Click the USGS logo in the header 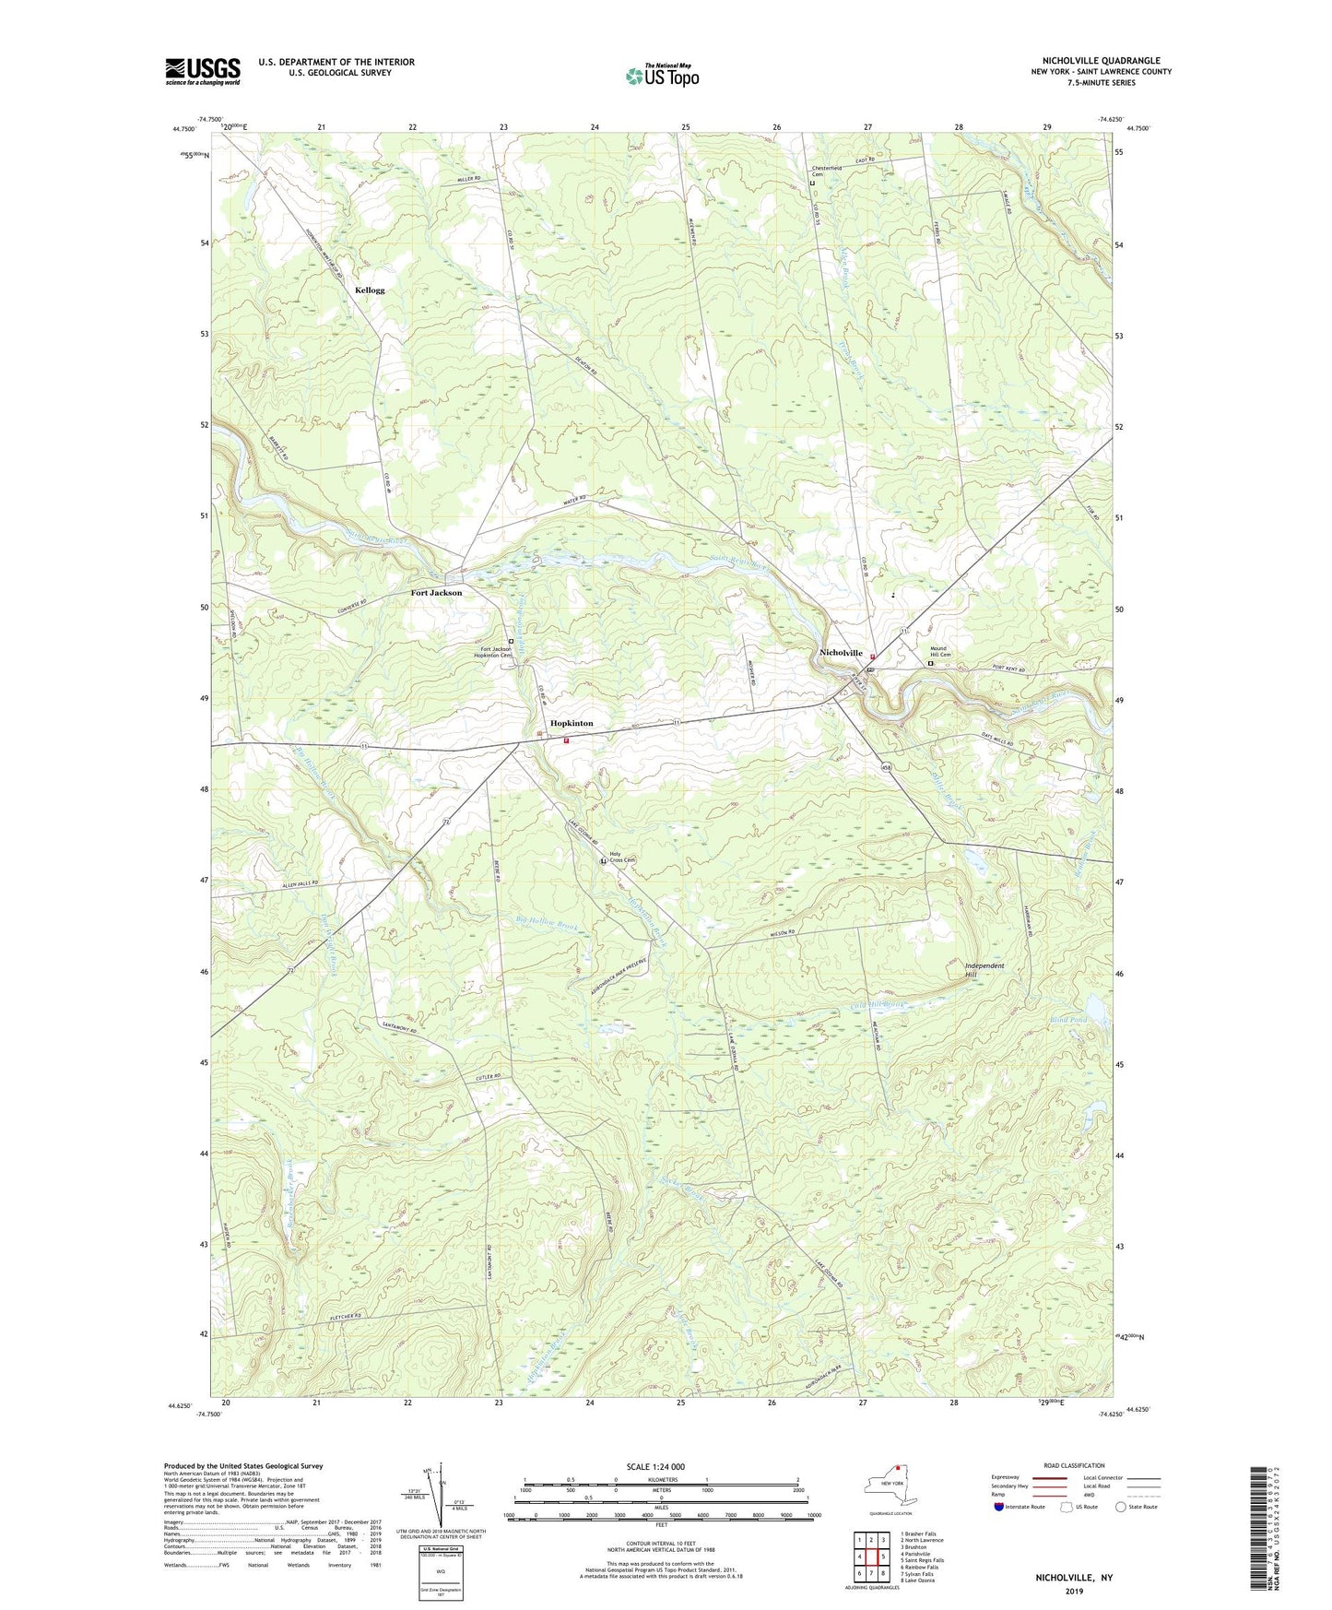(x=203, y=71)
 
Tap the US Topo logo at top (x=661, y=76)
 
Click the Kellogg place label (x=370, y=290)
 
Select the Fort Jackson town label (x=436, y=593)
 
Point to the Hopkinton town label (x=572, y=723)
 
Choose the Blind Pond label (x=1068, y=1020)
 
